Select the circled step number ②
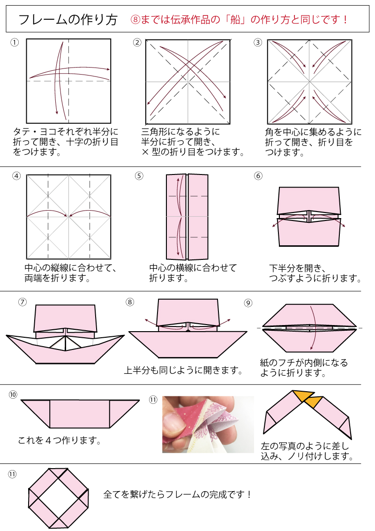click(x=137, y=43)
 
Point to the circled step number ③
click(x=257, y=43)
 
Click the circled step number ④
click(x=17, y=176)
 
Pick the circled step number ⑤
click(x=139, y=176)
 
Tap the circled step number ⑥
click(x=258, y=176)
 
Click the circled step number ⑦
click(x=22, y=302)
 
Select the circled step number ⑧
click(x=130, y=302)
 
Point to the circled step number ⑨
click(x=248, y=303)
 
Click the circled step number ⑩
click(x=13, y=394)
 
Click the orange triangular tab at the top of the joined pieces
click(x=303, y=396)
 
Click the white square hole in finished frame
click(x=59, y=498)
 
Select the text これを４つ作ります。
click(x=60, y=440)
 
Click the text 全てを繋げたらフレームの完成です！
click(x=178, y=494)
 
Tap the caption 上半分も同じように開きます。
click(x=184, y=371)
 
